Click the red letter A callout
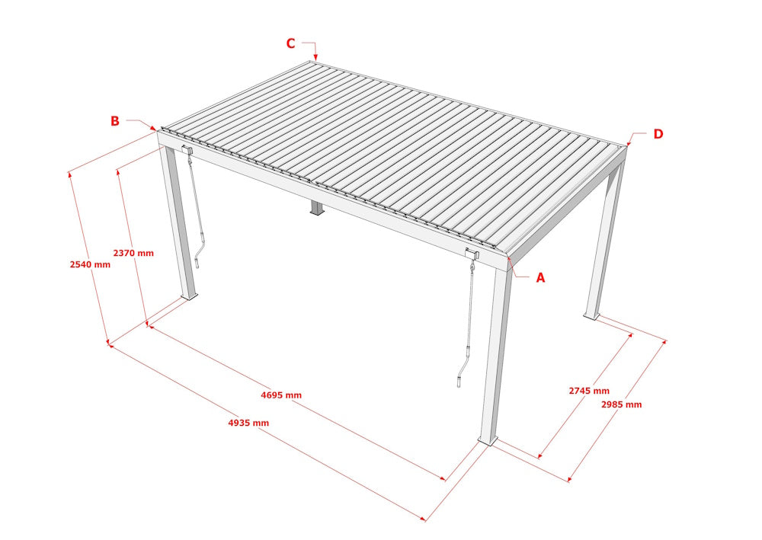point(541,278)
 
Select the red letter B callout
point(115,121)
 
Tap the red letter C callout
point(290,43)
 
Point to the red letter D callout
point(658,134)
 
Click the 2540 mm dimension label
point(90,265)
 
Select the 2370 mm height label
point(133,253)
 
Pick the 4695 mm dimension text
point(281,395)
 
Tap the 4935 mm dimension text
point(248,423)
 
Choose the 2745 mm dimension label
point(589,391)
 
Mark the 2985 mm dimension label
point(622,404)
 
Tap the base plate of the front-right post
point(486,440)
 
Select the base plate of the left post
point(189,296)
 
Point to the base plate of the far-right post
point(591,315)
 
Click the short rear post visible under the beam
point(315,208)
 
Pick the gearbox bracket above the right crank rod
point(472,254)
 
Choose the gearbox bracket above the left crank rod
point(187,149)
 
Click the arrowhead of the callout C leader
point(315,58)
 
